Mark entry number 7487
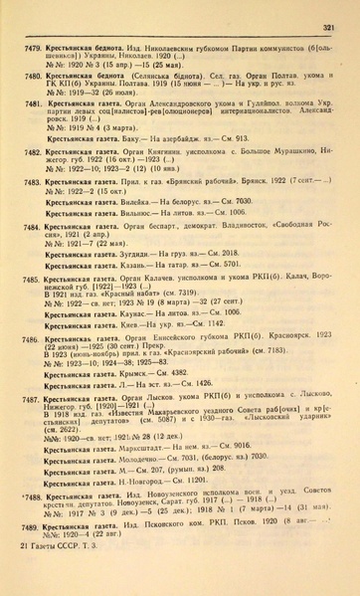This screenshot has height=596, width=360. pyautogui.click(x=32, y=396)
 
